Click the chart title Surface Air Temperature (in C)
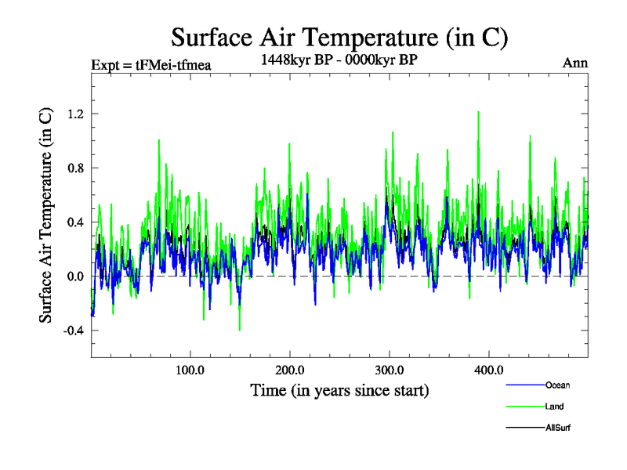point(340,37)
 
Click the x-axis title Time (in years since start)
point(339,389)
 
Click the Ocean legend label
point(557,385)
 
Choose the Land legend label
point(554,407)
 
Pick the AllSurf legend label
point(557,428)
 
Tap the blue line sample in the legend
point(524,385)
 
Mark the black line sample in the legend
point(524,428)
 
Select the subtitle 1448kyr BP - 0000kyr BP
point(339,59)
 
